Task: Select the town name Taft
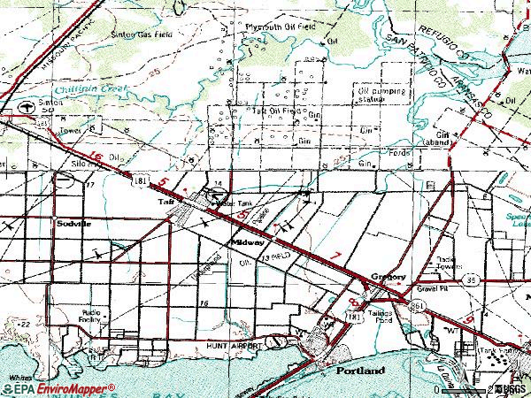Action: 165,203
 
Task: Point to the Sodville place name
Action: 73,225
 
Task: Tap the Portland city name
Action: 360,371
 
